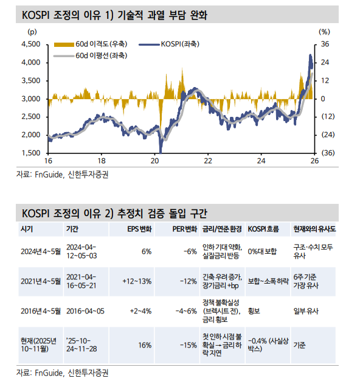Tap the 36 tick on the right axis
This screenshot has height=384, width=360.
(325, 44)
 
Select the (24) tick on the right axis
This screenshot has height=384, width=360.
(328, 134)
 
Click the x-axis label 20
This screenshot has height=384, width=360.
(154, 161)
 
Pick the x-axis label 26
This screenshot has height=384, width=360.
(314, 161)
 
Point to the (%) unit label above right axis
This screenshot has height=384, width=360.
(324, 30)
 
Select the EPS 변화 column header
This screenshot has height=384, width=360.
(139, 229)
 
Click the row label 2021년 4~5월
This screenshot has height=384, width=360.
(40, 281)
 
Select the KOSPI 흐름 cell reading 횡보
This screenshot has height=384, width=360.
(255, 310)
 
